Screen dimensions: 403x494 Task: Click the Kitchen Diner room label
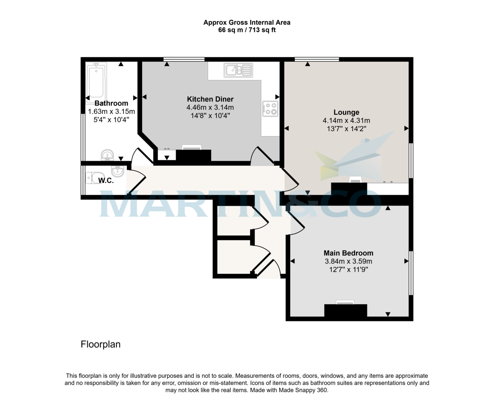tap(210, 99)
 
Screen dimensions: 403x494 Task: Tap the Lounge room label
tap(346, 112)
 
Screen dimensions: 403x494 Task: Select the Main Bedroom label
tap(348, 253)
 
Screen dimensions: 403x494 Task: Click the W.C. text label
tap(106, 180)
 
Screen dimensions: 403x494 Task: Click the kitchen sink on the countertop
tap(238, 70)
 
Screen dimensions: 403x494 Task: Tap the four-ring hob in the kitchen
tap(270, 108)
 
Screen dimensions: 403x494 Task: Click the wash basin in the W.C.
tap(117, 171)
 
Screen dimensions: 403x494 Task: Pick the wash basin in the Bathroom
tap(108, 155)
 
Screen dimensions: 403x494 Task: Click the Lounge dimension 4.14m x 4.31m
tap(346, 121)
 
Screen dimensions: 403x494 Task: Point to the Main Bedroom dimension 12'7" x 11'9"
tap(348, 270)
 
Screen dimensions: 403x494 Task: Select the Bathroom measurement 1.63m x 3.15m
tap(112, 111)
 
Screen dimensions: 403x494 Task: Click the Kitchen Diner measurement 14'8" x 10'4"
tap(210, 116)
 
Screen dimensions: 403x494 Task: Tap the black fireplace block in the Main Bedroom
tap(345, 310)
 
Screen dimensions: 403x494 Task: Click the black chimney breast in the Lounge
tap(349, 189)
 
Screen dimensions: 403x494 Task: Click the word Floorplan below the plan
tap(100, 344)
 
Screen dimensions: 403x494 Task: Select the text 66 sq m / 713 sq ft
tap(247, 30)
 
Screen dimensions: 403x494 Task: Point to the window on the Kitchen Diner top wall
tap(184, 59)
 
